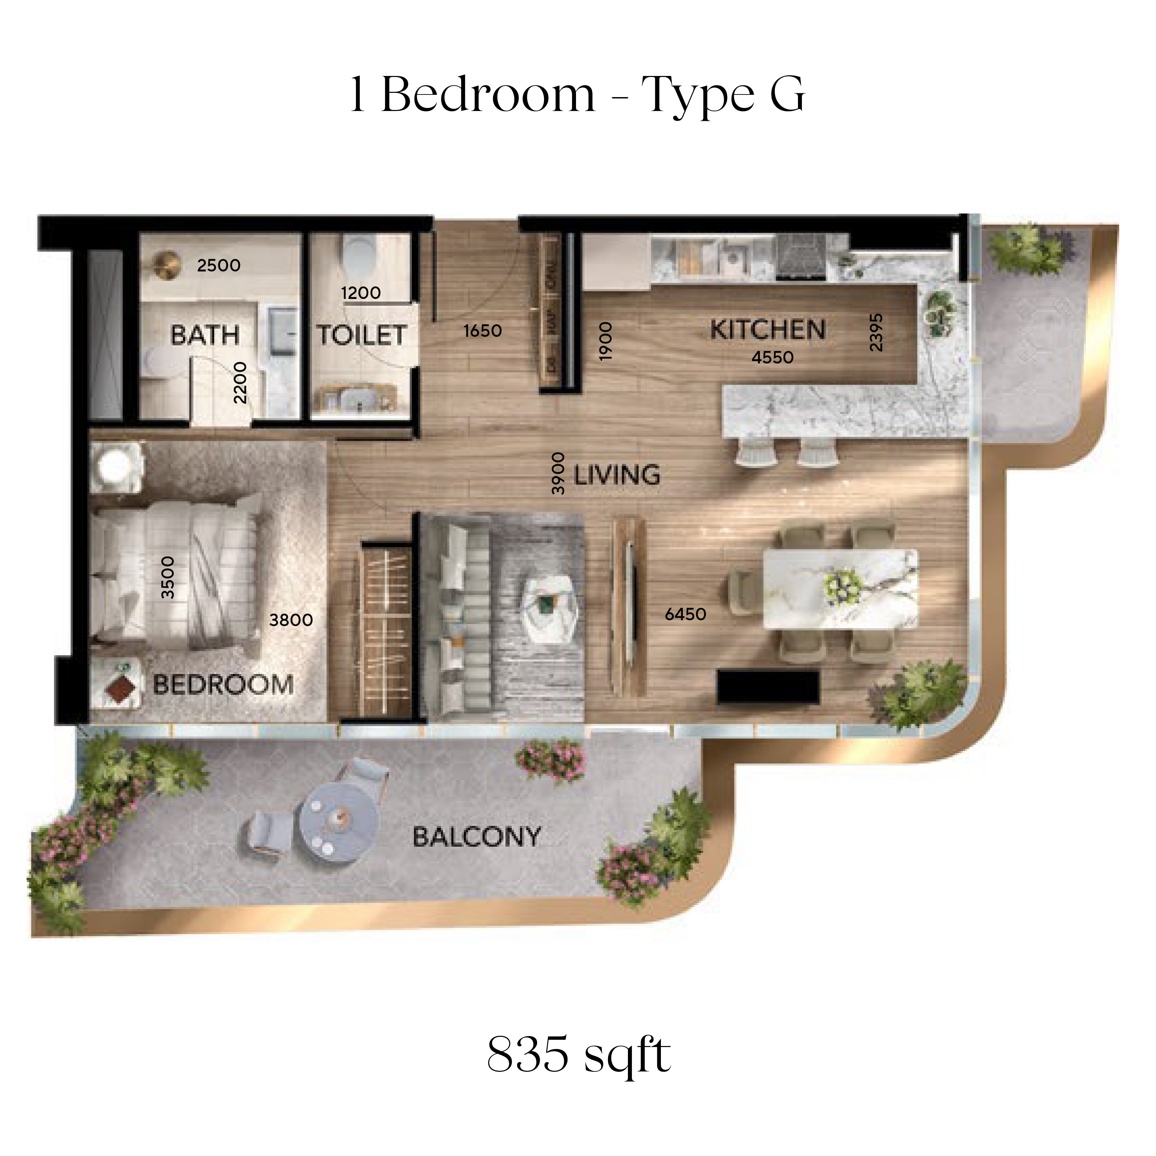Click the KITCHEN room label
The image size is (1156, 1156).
[768, 330]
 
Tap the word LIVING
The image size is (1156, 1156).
[617, 475]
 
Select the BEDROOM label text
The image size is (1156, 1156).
[223, 684]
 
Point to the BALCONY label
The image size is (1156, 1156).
[477, 837]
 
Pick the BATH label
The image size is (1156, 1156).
[205, 335]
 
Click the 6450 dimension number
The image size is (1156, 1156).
[686, 614]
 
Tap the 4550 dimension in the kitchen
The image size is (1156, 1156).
[773, 357]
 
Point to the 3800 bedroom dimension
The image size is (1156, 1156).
[291, 620]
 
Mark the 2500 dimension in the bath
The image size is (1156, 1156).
[219, 265]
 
